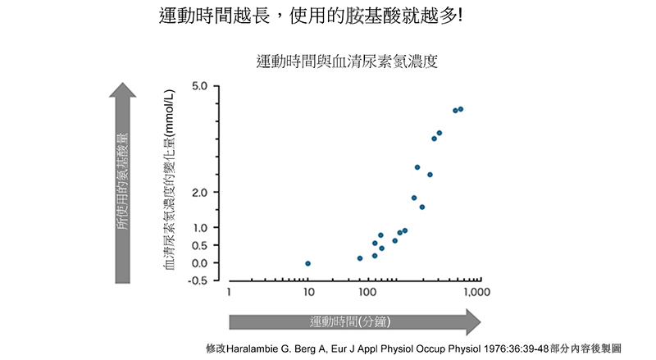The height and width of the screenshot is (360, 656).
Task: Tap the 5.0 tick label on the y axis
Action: tap(200, 86)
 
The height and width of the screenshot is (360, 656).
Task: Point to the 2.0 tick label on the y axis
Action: tap(200, 192)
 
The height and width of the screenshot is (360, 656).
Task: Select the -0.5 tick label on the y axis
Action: tap(198, 281)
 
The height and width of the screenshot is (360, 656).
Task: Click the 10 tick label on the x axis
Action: tap(307, 292)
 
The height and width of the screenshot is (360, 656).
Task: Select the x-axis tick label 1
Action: tap(230, 292)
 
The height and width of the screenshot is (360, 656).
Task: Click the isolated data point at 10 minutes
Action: tap(307, 263)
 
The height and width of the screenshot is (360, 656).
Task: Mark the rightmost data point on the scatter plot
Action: tap(461, 109)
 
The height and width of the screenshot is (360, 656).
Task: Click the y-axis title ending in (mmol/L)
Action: tap(170, 185)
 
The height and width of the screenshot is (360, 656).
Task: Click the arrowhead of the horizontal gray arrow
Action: tap(473, 321)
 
